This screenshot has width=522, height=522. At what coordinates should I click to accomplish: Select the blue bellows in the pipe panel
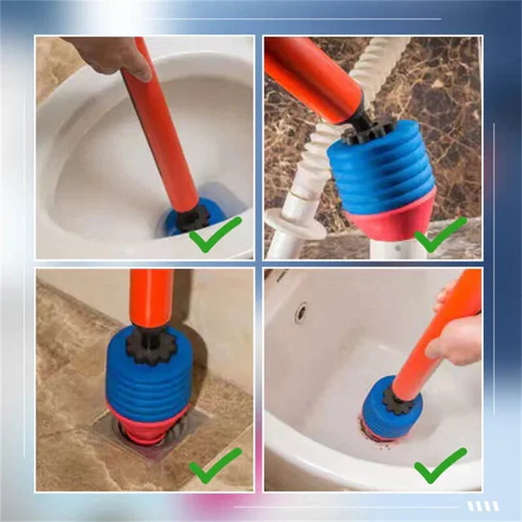(x=382, y=173)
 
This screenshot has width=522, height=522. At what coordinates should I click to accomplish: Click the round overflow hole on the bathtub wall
(x=301, y=313)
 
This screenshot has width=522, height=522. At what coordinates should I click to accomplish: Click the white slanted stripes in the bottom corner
(x=483, y=506)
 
